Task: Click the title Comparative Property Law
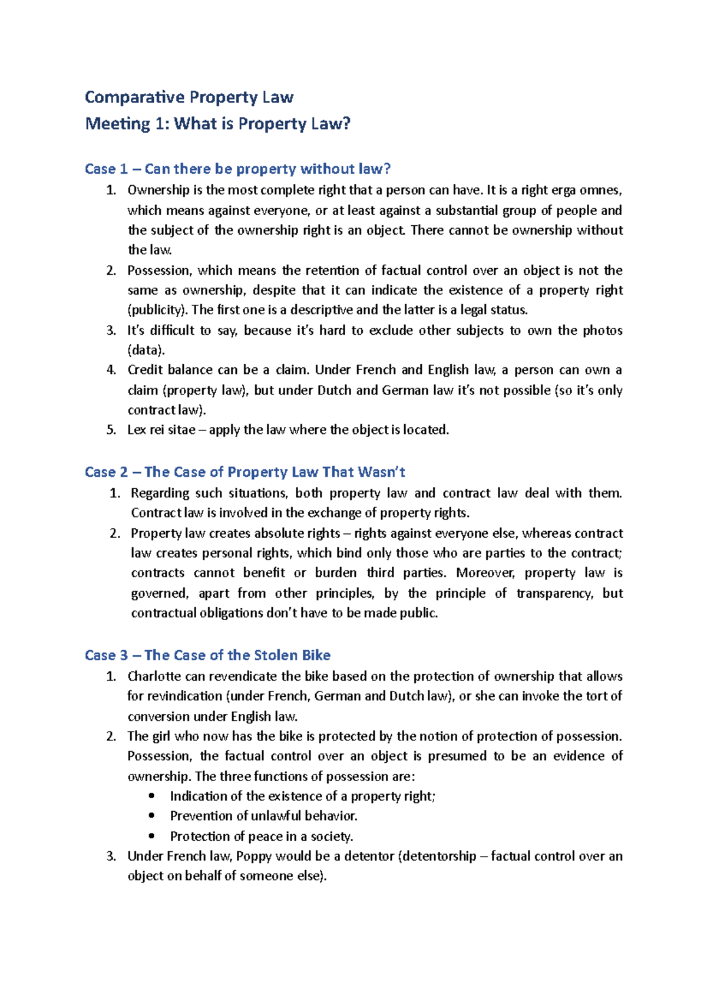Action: click(189, 97)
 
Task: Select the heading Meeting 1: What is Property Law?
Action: click(217, 124)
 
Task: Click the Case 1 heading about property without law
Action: click(237, 169)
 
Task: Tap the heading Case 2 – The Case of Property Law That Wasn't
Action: click(245, 472)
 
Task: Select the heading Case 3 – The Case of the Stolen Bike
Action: click(207, 656)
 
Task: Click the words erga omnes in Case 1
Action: click(593, 190)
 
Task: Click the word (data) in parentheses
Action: click(146, 350)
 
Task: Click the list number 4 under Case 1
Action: click(111, 370)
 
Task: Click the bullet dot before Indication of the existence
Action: click(153, 796)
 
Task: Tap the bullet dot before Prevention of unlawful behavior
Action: click(153, 816)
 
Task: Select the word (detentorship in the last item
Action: click(437, 857)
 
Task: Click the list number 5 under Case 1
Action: click(111, 430)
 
